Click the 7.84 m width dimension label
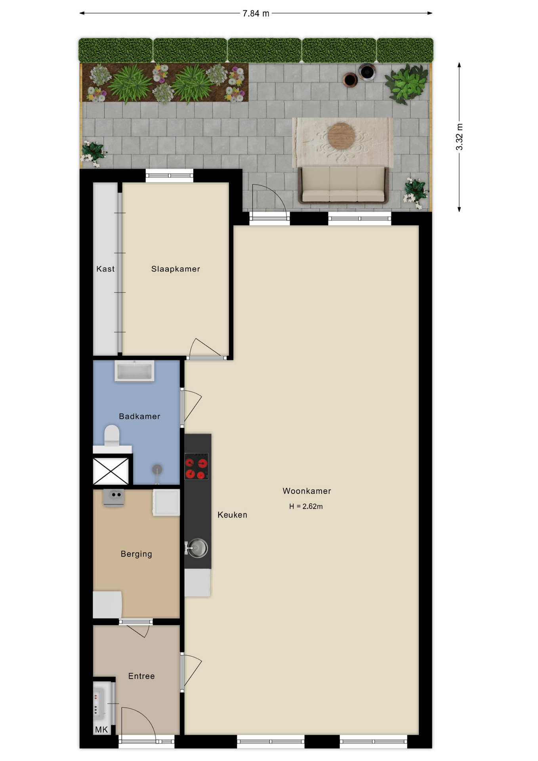[x=256, y=13]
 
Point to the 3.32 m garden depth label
[x=459, y=137]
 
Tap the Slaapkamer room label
[x=176, y=269]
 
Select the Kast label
[x=105, y=269]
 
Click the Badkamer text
[x=139, y=416]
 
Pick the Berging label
[x=136, y=554]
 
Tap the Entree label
[x=141, y=676]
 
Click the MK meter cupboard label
[x=101, y=730]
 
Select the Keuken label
[x=232, y=515]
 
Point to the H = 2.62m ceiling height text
[x=306, y=507]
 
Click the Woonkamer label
[x=307, y=491]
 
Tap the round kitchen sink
[x=197, y=548]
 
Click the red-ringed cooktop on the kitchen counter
[x=197, y=467]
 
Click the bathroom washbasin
[x=134, y=371]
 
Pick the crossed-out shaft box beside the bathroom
[x=111, y=471]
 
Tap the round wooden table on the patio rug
[x=341, y=136]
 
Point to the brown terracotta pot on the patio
[x=350, y=80]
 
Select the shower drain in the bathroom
[x=157, y=470]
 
